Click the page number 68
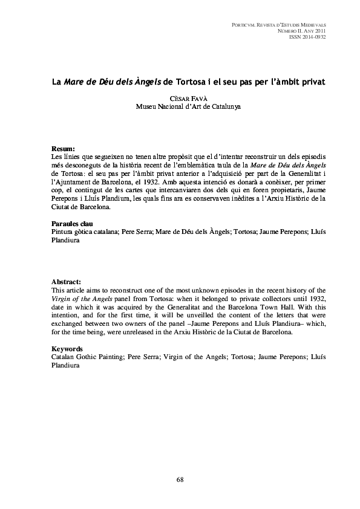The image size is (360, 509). pos(180,479)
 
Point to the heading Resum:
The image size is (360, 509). pos(63,149)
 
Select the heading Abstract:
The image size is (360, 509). pos(66,282)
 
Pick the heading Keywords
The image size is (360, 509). pos(67,349)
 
